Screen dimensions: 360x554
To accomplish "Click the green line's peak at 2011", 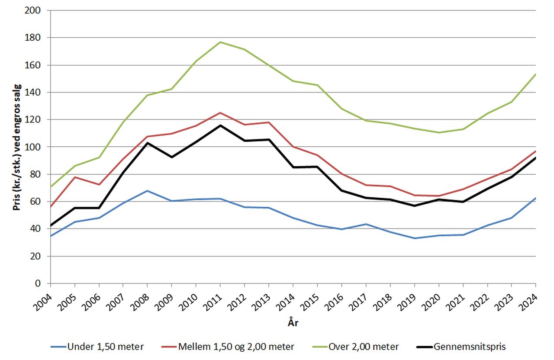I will coord(220,42).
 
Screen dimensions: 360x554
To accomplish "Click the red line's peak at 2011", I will coord(220,112).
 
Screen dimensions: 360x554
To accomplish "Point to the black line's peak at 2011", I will coord(220,125).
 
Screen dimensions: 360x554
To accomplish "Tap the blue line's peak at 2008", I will coord(148,191).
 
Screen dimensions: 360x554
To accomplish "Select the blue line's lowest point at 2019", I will coord(415,238).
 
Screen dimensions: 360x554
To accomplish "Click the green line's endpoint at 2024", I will coord(536,74).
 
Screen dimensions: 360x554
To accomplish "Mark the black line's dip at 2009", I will coord(172,157).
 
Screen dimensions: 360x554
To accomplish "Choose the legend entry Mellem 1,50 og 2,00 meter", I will coord(229,347).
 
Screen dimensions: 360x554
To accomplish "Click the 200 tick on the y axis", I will coord(40,10).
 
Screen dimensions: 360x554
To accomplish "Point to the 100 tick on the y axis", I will coord(40,147).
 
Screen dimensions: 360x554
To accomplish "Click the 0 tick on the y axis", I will coord(43,283).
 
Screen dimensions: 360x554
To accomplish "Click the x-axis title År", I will coord(293,322).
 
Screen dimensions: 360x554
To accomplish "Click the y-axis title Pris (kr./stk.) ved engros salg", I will coord(17,147).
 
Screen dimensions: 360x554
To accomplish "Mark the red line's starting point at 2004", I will coord(51,207).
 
